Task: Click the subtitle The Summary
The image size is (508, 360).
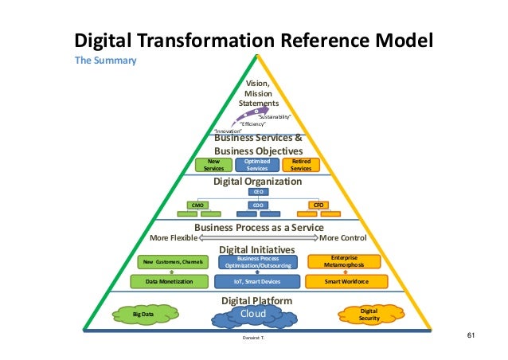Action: (106, 61)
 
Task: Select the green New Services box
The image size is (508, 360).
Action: (214, 165)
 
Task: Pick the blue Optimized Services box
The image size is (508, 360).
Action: (257, 165)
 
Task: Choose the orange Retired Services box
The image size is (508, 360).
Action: (301, 165)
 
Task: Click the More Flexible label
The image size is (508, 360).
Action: (174, 237)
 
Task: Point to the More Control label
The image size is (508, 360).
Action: (342, 237)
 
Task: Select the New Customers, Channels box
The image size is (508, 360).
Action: (173, 262)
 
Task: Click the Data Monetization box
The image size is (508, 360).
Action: (173, 281)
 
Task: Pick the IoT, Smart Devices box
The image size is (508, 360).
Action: (257, 281)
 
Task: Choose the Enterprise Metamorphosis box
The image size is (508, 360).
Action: (345, 261)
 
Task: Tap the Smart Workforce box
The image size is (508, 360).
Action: (345, 281)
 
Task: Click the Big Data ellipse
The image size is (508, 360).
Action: (143, 315)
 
